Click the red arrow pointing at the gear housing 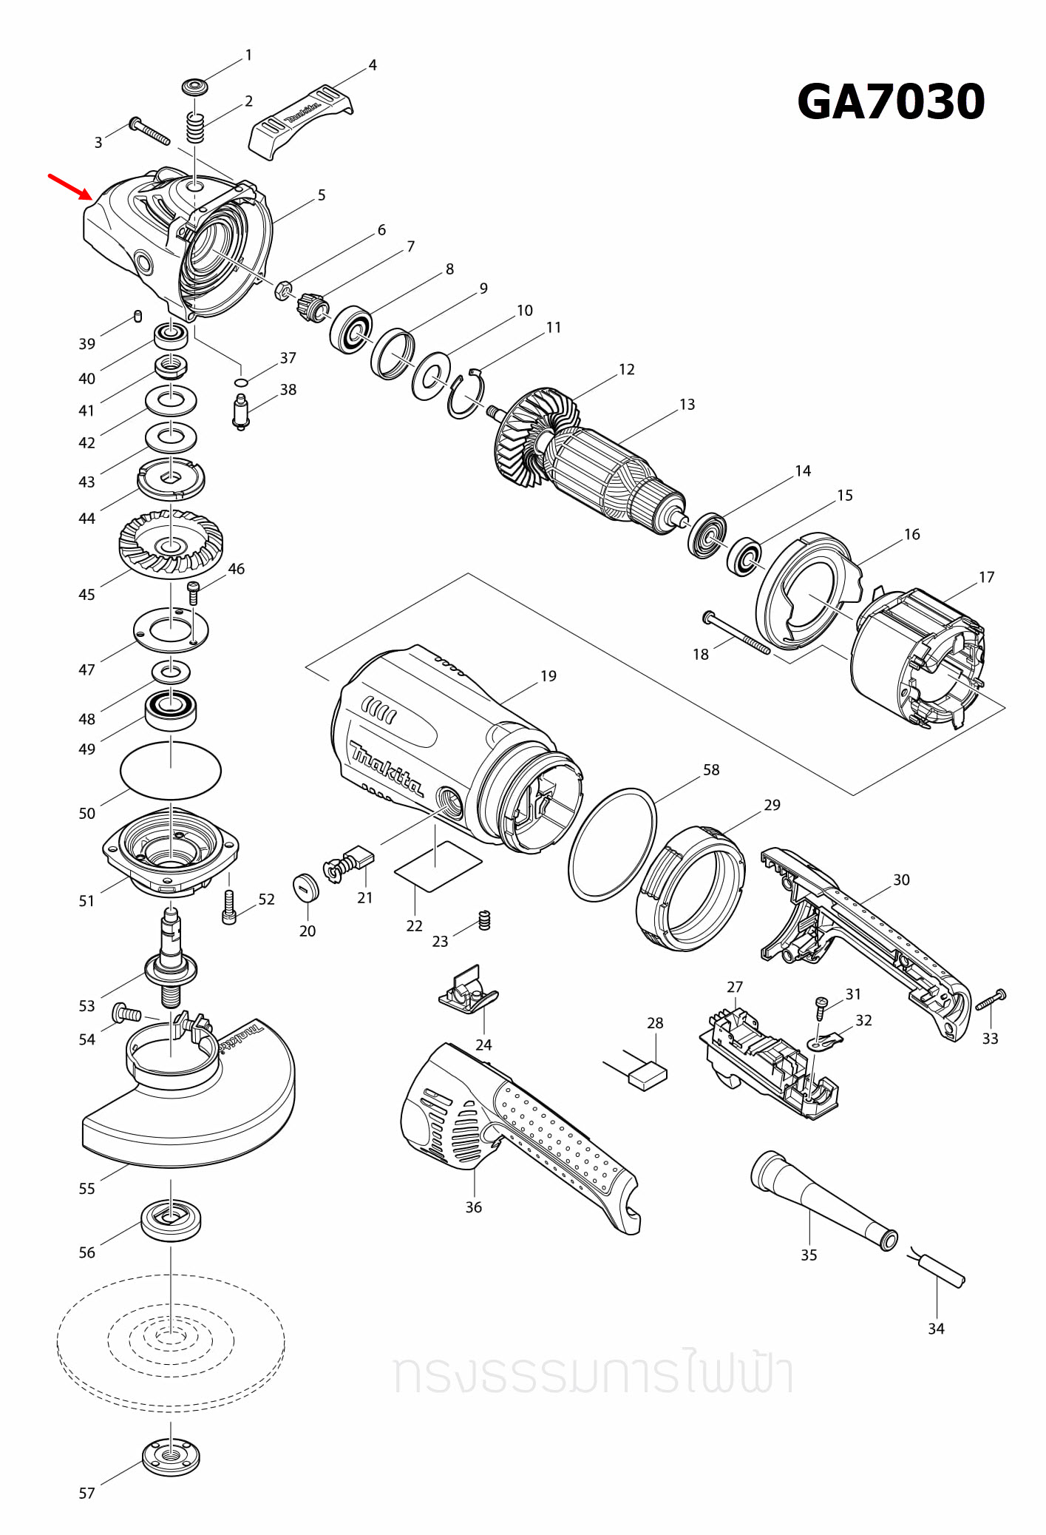point(71,187)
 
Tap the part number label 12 point(626,369)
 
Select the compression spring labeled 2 point(194,129)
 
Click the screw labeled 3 point(150,132)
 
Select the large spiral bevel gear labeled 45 point(171,544)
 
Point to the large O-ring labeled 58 point(612,844)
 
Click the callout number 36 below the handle point(473,1207)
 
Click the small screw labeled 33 point(991,1000)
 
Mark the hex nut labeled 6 point(282,291)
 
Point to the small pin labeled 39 point(137,317)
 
